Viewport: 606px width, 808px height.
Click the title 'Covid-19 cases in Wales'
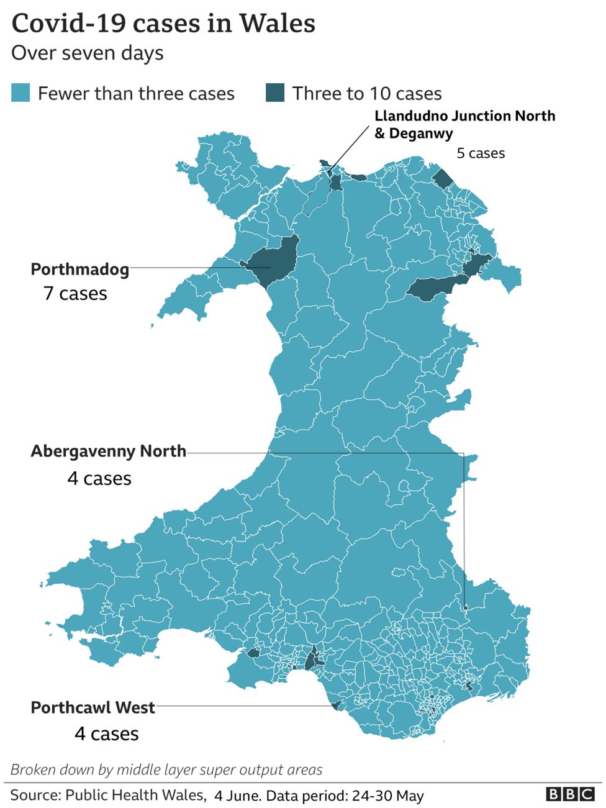pos(163,24)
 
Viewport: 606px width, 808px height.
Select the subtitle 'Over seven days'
pos(88,53)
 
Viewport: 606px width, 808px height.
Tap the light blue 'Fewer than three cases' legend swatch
pos(20,93)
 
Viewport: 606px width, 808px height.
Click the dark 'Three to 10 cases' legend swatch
pos(275,93)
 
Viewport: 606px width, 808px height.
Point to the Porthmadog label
pos(80,269)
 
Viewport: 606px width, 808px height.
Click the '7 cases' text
pos(75,293)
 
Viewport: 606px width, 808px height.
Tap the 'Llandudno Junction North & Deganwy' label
pos(464,124)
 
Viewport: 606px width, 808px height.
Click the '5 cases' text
pos(481,153)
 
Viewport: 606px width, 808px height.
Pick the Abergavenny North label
pos(109,451)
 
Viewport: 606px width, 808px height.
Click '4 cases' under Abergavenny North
pos(99,478)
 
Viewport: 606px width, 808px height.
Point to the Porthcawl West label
pos(93,707)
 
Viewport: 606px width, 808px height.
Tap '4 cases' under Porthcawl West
pos(107,733)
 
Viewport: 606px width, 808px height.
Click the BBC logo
pos(570,794)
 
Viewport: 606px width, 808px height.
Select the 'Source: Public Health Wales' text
pos(107,795)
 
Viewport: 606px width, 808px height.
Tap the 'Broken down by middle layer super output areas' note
pos(166,770)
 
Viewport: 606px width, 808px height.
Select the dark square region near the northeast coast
pos(443,179)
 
